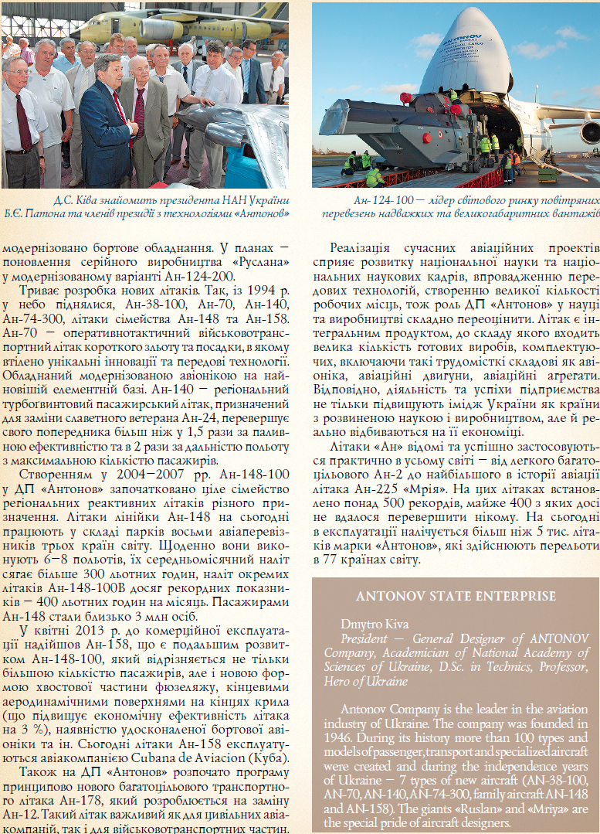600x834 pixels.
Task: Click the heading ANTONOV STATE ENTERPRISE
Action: point(456,596)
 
